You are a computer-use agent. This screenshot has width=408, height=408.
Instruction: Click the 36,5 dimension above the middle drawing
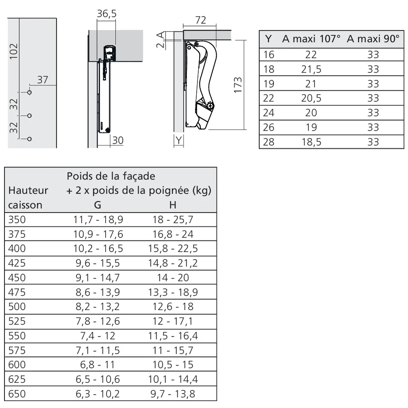click(106, 14)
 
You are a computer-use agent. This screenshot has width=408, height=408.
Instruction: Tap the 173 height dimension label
click(238, 85)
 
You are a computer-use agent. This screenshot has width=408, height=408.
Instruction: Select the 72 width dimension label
click(201, 20)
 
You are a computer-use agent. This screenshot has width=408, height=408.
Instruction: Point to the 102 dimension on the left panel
click(14, 51)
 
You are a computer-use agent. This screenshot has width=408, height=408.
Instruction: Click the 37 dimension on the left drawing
click(43, 80)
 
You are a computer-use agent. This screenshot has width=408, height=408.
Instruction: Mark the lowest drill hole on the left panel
click(29, 139)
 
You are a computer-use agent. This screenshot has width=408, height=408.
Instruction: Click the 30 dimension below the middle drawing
click(118, 140)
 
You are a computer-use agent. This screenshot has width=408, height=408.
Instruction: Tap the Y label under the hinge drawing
click(179, 140)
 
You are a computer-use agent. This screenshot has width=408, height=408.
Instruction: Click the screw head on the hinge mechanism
click(210, 106)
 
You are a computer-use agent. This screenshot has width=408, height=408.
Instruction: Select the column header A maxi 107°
click(311, 39)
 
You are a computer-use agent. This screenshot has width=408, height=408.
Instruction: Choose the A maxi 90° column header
click(373, 39)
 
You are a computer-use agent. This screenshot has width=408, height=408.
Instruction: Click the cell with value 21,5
click(311, 69)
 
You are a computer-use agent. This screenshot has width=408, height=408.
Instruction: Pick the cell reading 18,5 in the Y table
click(311, 142)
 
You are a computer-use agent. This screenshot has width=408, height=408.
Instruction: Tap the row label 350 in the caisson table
click(17, 220)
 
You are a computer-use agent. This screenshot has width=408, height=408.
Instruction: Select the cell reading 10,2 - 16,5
click(98, 248)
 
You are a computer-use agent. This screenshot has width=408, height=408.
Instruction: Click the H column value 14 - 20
click(173, 277)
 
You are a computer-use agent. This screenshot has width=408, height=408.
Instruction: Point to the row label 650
click(17, 394)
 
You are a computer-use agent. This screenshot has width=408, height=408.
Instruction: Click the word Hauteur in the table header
click(28, 191)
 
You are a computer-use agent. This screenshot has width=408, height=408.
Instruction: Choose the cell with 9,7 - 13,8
click(173, 394)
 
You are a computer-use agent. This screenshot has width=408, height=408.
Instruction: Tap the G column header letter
click(98, 205)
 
